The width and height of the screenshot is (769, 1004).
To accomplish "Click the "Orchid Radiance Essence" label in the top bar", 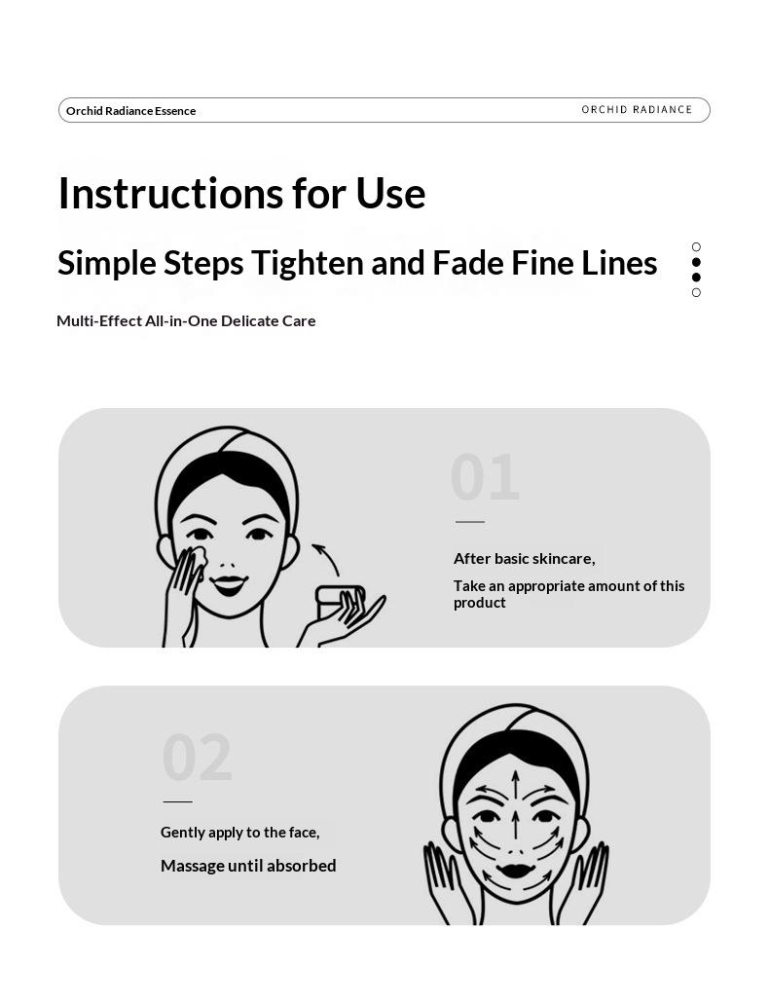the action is pos(130,111).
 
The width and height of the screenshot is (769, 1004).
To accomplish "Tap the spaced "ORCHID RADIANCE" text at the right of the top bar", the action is pos(637,109).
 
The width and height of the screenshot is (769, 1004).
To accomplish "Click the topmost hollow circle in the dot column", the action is pos(696,247).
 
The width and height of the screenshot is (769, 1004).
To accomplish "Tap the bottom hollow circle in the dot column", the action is pos(696,292).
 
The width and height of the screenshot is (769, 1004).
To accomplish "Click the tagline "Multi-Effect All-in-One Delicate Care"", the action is pos(186,320).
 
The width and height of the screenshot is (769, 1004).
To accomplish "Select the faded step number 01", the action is pos(485,477).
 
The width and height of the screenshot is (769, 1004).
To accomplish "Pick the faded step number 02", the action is pos(197,758).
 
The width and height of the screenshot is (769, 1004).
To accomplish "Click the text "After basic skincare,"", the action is pos(525,559).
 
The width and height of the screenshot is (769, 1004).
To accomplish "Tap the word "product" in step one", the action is pos(480,603).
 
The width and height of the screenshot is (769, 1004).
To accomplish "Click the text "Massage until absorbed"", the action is pos(248,866).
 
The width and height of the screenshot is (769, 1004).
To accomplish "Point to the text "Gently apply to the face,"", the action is pos(240,833).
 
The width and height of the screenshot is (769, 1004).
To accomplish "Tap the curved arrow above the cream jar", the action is pos(326,557).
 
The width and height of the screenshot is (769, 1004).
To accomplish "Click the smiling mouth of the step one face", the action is pos(229,583).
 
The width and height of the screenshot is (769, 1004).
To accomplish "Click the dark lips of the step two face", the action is pos(516,871).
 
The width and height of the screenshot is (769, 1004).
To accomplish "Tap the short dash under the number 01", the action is pos(470,522).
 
